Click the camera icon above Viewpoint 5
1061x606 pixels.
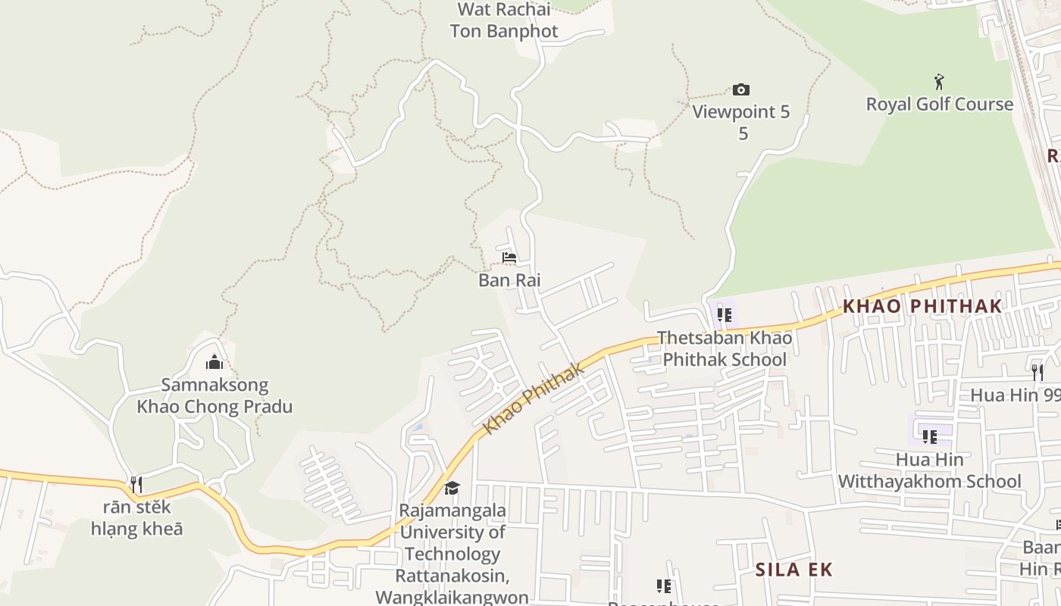click(740, 90)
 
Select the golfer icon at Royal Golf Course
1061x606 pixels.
click(940, 81)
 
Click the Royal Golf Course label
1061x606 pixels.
click(939, 105)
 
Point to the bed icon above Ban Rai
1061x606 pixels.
click(509, 258)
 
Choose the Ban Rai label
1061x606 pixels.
click(509, 280)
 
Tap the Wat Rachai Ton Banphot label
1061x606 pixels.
click(504, 20)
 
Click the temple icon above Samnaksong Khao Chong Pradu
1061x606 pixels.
click(214, 362)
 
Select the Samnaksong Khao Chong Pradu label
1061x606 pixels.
click(214, 395)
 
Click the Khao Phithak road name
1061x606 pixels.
click(534, 398)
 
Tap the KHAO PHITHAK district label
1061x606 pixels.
click(922, 306)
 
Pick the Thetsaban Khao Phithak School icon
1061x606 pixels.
click(725, 314)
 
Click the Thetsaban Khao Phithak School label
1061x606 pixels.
click(725, 348)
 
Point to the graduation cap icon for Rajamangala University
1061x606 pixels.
click(452, 488)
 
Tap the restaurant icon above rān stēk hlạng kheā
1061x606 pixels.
click(136, 485)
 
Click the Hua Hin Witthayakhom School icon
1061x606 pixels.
click(929, 436)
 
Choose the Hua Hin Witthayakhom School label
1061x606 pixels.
click(929, 470)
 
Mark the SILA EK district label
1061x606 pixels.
click(793, 570)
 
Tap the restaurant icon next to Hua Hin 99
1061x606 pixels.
click(1037, 372)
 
